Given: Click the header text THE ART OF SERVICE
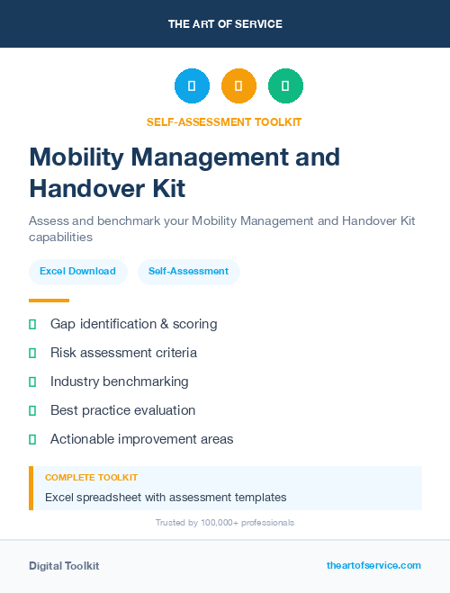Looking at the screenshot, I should pos(225,24).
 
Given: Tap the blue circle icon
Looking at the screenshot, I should pos(192,85).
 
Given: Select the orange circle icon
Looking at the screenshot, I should pos(238,85).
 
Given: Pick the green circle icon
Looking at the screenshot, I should pos(285,85).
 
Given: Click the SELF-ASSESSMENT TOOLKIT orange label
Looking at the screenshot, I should pos(225,121).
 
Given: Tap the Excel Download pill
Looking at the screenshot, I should pos(77,271).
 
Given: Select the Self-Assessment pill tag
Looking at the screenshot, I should pos(188,271).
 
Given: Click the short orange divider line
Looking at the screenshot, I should pos(49,301).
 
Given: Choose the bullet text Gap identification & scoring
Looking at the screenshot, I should pos(133,324).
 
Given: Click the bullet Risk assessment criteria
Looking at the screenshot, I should pos(123,353).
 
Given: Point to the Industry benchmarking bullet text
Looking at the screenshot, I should pos(119,382).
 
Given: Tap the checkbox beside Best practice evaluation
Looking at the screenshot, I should pos(32,410).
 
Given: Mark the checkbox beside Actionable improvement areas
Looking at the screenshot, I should pos(32,439).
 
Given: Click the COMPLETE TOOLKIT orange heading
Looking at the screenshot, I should pos(91,478).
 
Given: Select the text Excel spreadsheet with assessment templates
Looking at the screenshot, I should pos(166,497).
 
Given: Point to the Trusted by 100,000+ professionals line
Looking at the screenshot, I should pos(225,523).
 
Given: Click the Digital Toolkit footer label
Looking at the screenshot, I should pos(64,566).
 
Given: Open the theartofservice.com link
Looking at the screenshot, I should pos(373,565).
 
